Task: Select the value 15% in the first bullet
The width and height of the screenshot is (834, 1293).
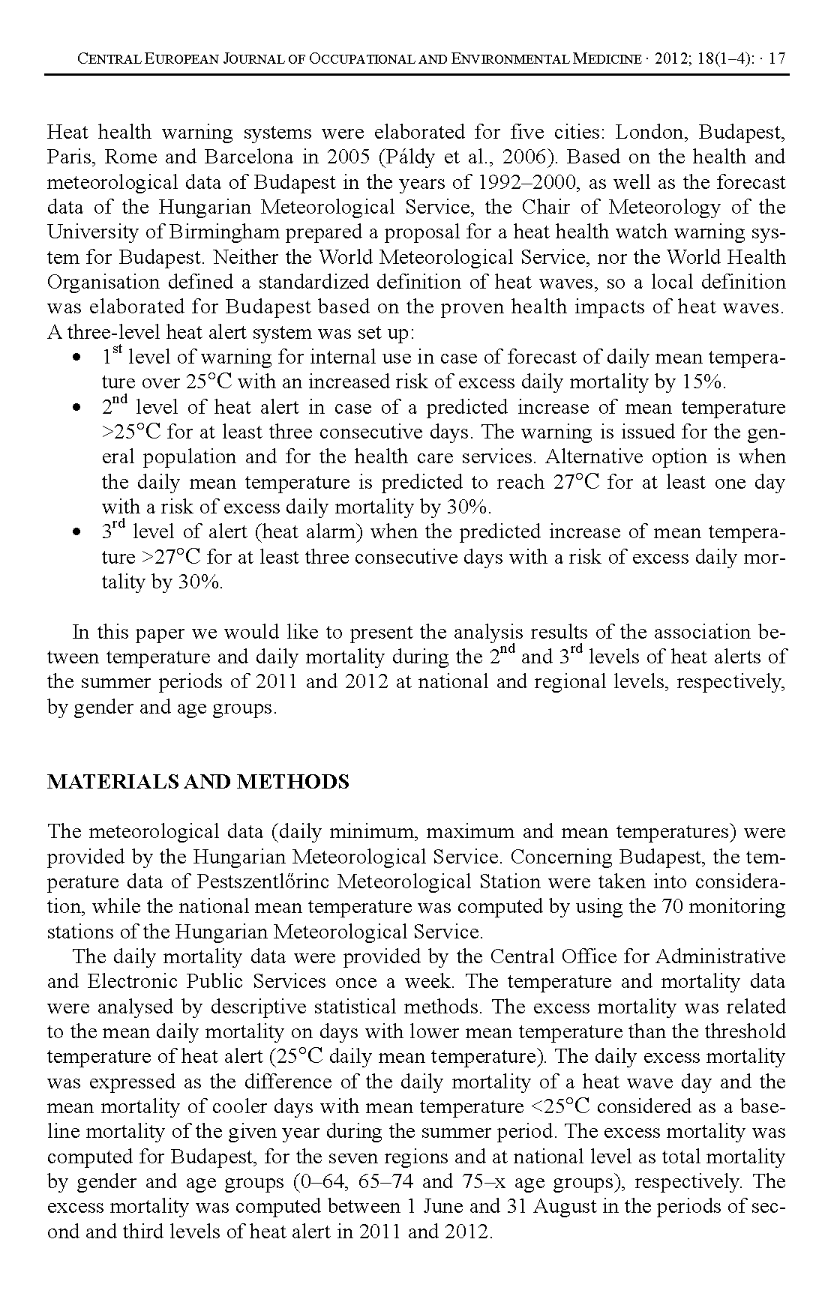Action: coord(703,382)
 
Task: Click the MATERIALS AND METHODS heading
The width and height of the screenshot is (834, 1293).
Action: coord(198,783)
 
